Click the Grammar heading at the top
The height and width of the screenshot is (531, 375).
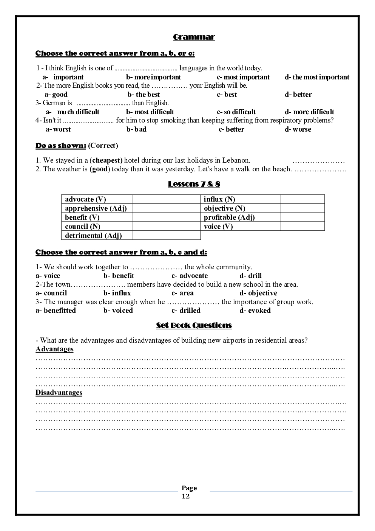click(194, 37)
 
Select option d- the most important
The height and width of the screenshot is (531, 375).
click(317, 77)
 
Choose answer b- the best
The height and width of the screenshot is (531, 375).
click(144, 95)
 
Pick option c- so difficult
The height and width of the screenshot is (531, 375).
click(236, 112)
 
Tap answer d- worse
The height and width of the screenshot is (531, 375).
click(298, 129)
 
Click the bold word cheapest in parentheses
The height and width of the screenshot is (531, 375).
click(107, 160)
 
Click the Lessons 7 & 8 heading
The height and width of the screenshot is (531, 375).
click(194, 184)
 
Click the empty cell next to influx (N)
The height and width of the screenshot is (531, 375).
click(302, 199)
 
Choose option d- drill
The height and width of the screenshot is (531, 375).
click(250, 276)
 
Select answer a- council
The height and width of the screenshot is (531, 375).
click(51, 293)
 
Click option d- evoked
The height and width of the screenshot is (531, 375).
click(255, 311)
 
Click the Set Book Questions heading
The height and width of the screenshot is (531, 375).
click(194, 325)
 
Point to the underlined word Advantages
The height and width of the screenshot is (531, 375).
click(54, 349)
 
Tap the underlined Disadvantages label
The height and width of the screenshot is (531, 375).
click(59, 393)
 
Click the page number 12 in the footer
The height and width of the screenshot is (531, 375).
click(186, 496)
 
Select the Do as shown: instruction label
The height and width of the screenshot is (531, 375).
click(61, 146)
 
